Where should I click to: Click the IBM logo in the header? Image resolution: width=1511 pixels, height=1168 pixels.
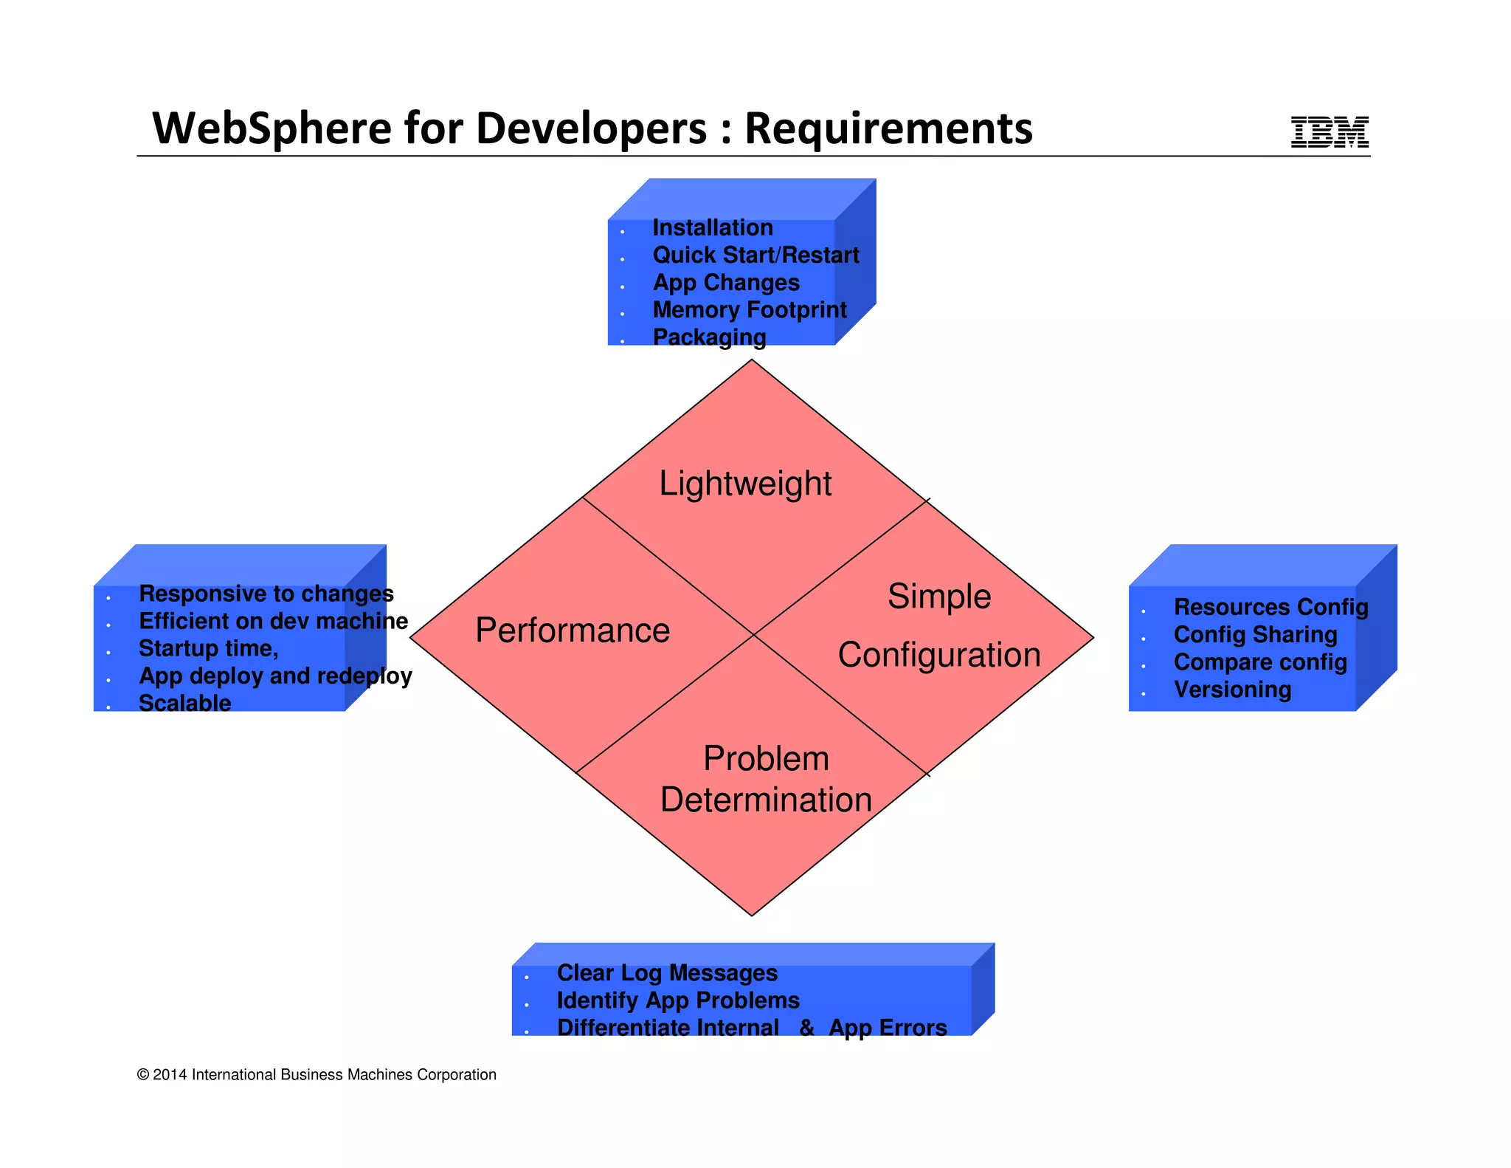pos(1330,132)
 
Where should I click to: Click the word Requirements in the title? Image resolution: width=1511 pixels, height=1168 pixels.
pos(888,128)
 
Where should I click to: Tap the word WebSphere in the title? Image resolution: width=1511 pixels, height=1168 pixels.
pos(272,128)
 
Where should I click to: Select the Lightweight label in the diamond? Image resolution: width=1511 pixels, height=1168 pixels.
pos(745,484)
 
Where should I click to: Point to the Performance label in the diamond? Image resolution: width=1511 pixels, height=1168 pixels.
pos(573,631)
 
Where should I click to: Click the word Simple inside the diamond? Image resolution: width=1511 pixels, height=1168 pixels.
pos(939,596)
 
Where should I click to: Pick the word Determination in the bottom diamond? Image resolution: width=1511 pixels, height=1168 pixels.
pos(766,800)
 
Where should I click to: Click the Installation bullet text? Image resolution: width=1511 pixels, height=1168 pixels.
pos(713,227)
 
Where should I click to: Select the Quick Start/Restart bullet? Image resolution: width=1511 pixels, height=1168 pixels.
pos(755,255)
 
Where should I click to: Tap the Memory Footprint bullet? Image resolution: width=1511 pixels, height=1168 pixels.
pos(750,309)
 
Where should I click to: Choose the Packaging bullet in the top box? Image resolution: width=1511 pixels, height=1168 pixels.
pos(709,337)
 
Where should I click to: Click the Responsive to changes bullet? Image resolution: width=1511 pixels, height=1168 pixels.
pos(266,594)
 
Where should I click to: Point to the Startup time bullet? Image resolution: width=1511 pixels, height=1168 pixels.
pos(208,648)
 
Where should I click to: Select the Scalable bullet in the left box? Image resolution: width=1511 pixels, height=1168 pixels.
pos(184,703)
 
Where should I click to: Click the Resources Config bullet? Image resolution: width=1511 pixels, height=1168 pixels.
pos(1270,607)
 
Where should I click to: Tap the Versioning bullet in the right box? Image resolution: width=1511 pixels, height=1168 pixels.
pos(1232,690)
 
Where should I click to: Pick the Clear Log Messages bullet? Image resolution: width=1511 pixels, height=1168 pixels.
pos(667,973)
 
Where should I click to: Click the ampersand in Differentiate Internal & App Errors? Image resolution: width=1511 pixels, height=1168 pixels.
pos(807,1028)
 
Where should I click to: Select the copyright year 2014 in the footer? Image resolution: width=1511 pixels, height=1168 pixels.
pos(170,1075)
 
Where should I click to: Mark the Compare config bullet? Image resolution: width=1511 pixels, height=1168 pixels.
pos(1260,662)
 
